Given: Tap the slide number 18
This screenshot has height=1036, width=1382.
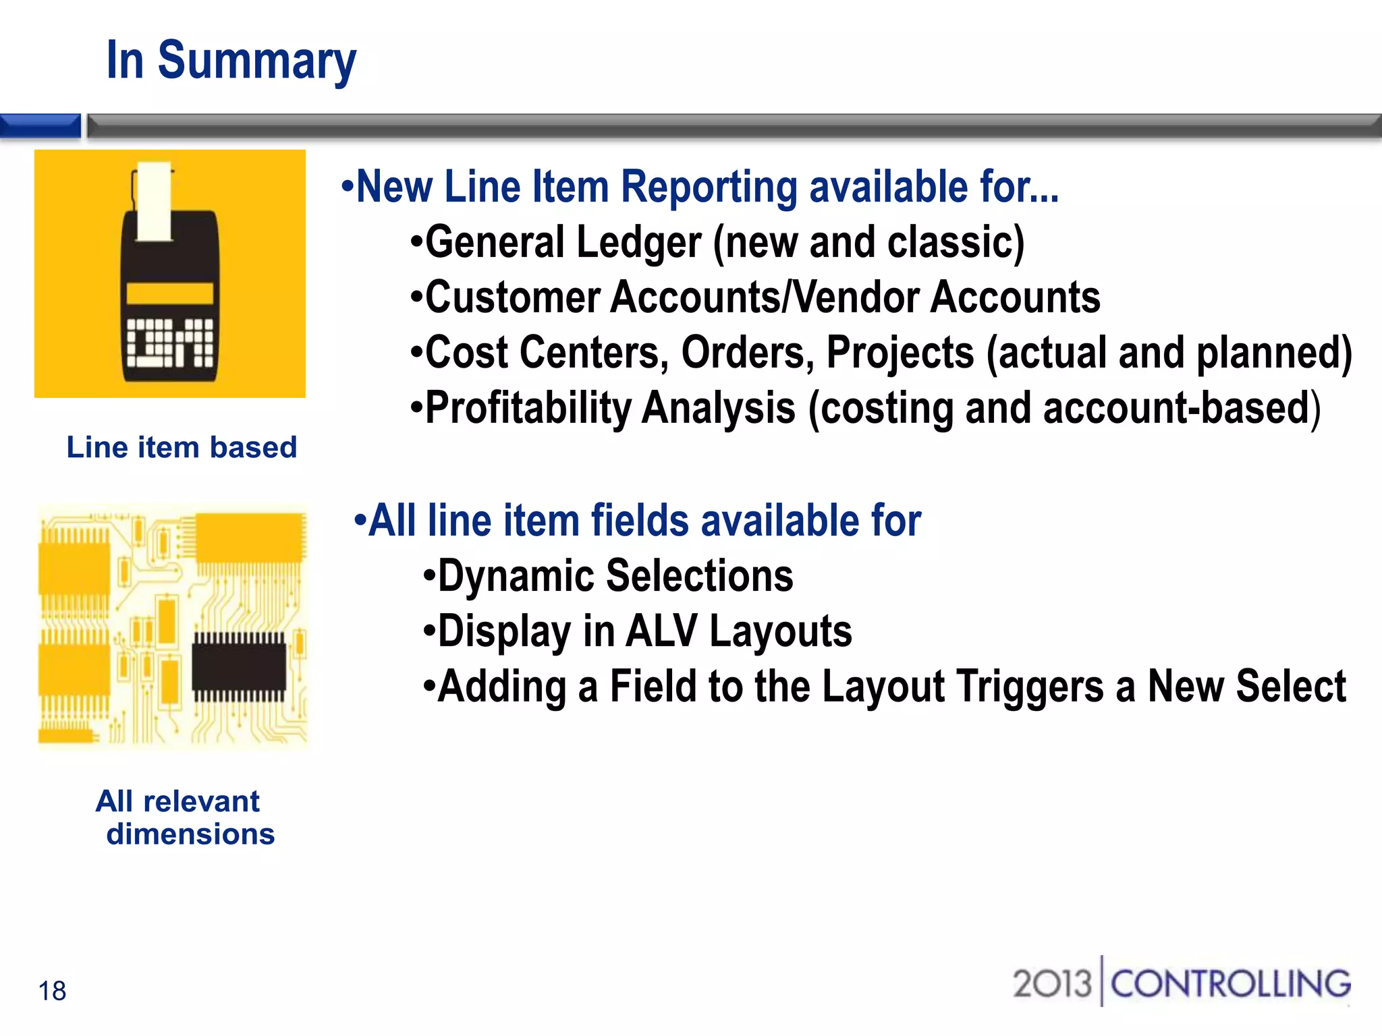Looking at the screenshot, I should point(52,991).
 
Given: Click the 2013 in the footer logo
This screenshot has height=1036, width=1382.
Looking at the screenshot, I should point(1051,983).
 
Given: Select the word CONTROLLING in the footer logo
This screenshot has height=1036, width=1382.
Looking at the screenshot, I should point(1230,983).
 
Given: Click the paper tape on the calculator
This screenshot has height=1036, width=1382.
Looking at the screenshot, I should point(154,201).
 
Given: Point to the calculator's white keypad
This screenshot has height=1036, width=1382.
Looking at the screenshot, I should point(169,342).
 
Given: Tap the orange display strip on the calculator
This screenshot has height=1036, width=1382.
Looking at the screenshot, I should point(169,293).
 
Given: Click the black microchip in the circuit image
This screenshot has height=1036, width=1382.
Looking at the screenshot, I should point(239,668).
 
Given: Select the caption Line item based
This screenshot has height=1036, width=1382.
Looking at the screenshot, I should point(182,447).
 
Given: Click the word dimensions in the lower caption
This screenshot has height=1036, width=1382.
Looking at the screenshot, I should point(190,834).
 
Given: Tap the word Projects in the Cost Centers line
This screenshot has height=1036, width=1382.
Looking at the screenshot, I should point(900,353).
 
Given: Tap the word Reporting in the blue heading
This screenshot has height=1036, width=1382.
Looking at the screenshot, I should point(709,187).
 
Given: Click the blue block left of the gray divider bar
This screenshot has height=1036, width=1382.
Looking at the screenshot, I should point(40,126).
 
